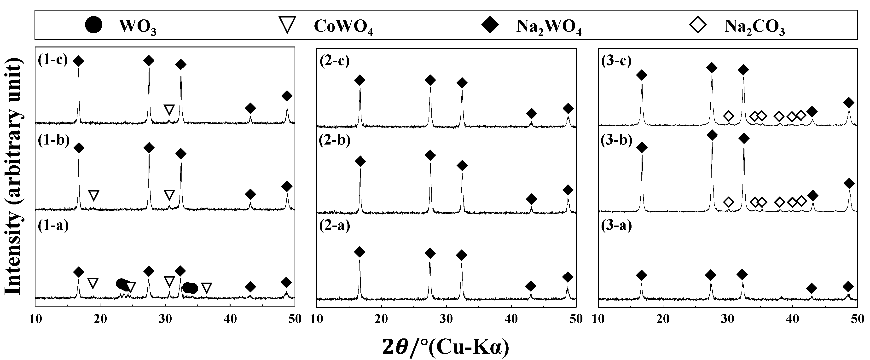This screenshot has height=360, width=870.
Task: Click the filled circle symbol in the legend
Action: (93, 26)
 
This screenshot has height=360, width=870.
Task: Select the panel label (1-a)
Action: (53, 226)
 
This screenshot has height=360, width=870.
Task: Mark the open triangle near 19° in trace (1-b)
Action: (94, 195)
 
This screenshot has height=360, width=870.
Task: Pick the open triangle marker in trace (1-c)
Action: (169, 110)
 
